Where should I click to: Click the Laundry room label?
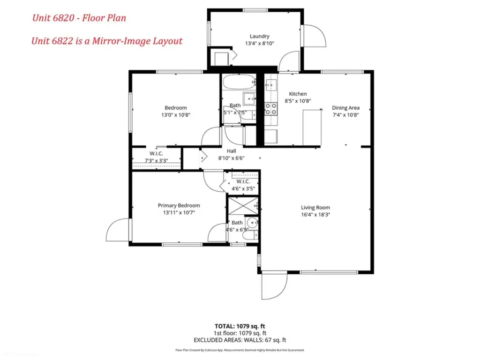click(x=259, y=36)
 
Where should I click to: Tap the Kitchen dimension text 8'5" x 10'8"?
click(x=298, y=101)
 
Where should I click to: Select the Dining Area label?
click(x=345, y=108)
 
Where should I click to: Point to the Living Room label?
click(x=315, y=208)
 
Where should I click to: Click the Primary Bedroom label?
click(x=179, y=205)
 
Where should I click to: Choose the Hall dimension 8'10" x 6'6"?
click(x=231, y=158)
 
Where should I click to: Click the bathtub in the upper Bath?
click(x=239, y=82)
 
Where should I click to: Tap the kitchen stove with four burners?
click(x=271, y=109)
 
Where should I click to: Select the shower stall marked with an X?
click(x=243, y=206)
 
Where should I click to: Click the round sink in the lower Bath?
click(x=252, y=223)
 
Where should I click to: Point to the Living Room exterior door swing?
click(x=274, y=286)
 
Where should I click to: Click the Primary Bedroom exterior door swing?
click(x=118, y=230)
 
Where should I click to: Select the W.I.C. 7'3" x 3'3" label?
click(x=156, y=157)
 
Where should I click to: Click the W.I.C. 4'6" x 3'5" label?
click(x=243, y=185)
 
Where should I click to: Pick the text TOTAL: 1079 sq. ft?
click(x=240, y=326)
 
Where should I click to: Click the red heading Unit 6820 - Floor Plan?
click(x=79, y=18)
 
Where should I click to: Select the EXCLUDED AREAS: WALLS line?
click(x=240, y=340)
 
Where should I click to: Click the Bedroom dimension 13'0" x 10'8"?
click(x=176, y=115)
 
